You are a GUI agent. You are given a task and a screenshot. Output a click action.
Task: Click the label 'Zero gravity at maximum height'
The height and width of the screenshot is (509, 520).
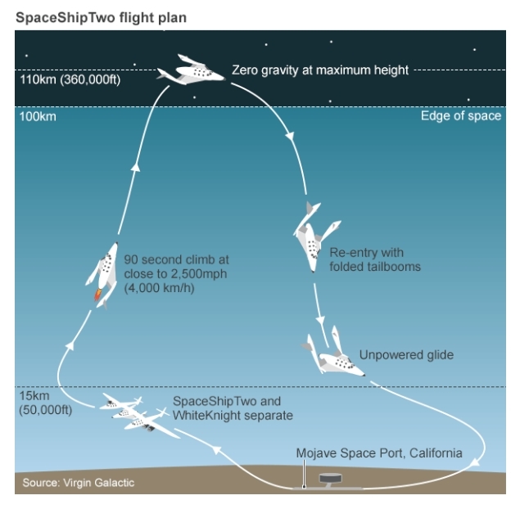click(x=319, y=70)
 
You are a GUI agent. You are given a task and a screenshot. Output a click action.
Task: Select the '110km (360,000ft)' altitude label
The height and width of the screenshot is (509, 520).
click(x=70, y=80)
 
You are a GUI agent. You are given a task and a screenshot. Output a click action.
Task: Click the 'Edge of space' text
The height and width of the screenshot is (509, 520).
click(x=460, y=116)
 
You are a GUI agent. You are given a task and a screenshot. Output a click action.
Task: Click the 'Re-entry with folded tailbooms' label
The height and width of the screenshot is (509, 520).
click(x=374, y=259)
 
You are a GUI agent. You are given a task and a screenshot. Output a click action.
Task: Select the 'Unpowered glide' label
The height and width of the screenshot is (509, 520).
click(x=405, y=355)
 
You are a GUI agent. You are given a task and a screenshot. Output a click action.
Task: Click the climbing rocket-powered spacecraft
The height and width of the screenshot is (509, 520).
click(x=102, y=275)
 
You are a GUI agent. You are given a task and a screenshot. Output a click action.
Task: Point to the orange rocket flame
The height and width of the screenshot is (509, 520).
click(x=98, y=295)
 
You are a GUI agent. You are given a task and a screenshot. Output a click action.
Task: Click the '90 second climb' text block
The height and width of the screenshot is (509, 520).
click(x=165, y=273)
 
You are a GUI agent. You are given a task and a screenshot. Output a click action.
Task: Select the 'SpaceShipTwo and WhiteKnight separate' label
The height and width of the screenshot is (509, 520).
click(x=233, y=408)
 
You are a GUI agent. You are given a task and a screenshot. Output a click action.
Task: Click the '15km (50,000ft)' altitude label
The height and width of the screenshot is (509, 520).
click(x=44, y=403)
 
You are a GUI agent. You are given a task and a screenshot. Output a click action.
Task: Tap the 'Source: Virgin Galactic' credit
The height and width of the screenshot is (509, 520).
click(x=78, y=483)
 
